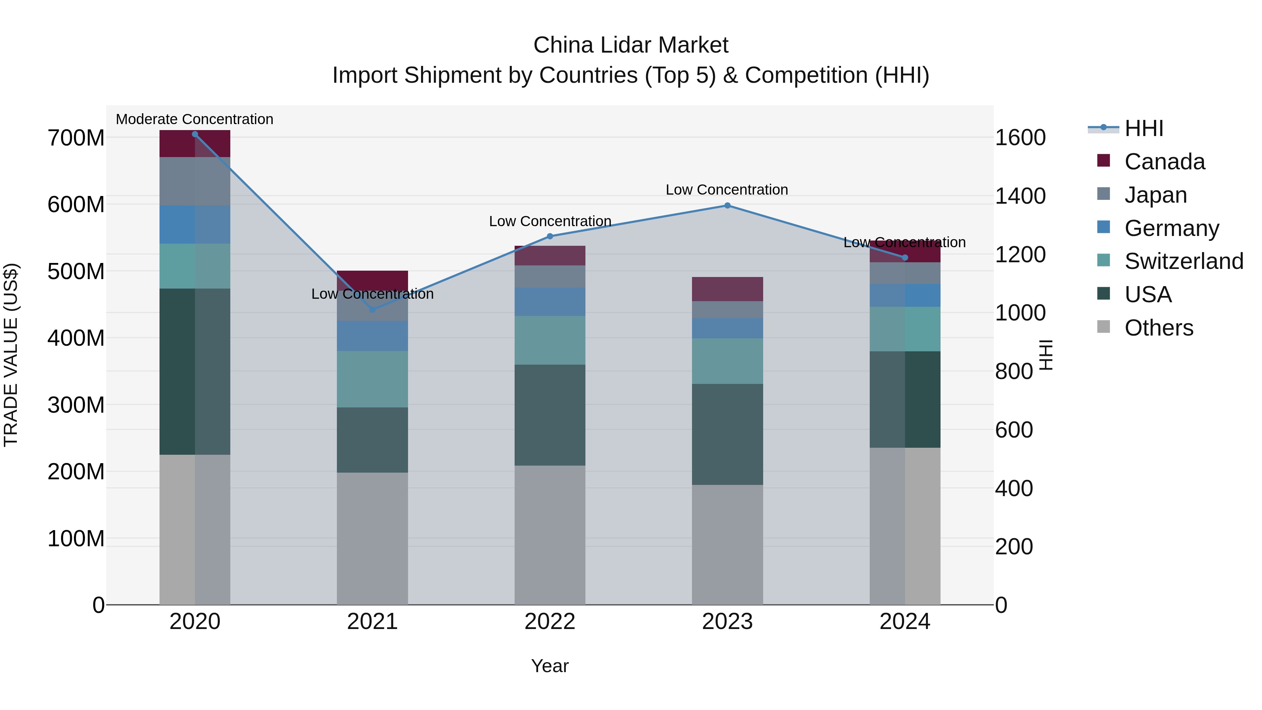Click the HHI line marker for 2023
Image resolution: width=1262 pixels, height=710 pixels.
(x=727, y=206)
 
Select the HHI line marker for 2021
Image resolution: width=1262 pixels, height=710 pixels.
(x=372, y=310)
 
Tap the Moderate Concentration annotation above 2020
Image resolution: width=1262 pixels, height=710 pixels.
(x=195, y=120)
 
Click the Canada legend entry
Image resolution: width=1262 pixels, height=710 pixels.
(x=1164, y=162)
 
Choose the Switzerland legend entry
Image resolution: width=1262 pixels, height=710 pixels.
(x=1183, y=261)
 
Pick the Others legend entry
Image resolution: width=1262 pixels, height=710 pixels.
(x=1158, y=328)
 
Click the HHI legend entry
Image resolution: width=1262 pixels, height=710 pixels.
(x=1144, y=128)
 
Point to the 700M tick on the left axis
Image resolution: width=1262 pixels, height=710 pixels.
(x=76, y=138)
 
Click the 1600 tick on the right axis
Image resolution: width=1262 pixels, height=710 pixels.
(x=1020, y=138)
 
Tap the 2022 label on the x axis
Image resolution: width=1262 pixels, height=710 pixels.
(x=550, y=622)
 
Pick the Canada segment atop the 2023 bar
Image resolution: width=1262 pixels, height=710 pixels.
(x=727, y=289)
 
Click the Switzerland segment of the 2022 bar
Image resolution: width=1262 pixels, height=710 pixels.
(x=550, y=340)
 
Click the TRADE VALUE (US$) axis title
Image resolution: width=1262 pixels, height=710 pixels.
(x=11, y=355)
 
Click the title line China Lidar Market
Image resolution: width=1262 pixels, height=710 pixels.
(x=631, y=46)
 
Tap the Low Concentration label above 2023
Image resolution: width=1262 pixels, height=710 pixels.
(x=727, y=190)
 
